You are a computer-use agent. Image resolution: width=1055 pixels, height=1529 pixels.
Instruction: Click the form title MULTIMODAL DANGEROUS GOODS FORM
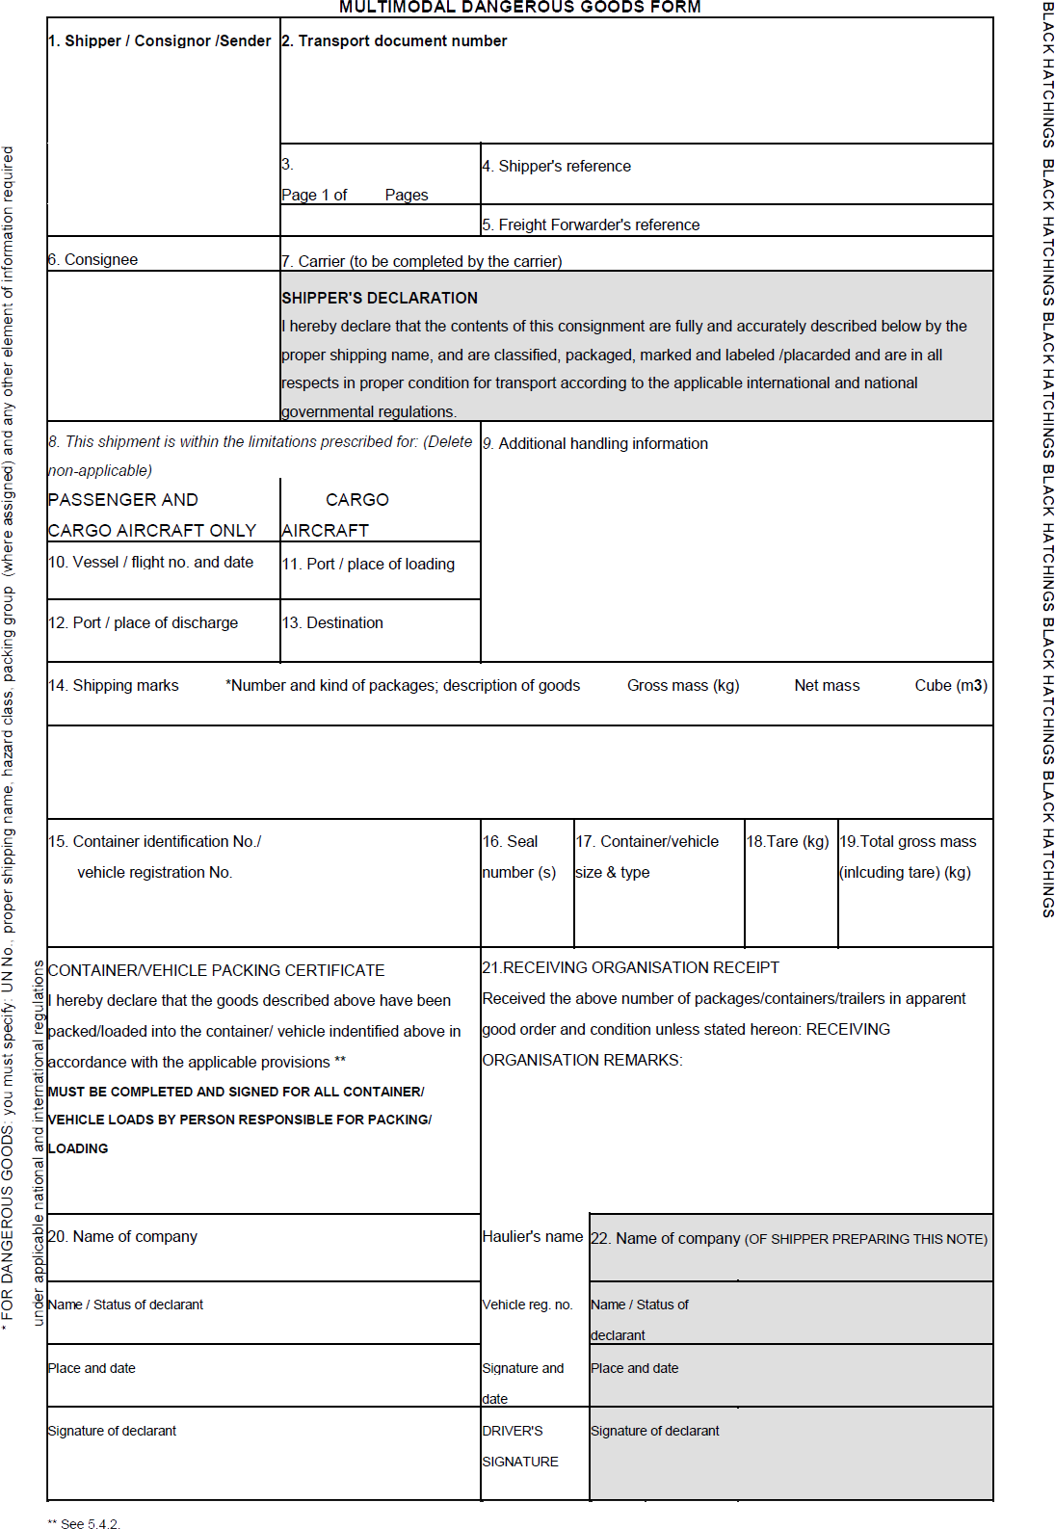(x=519, y=8)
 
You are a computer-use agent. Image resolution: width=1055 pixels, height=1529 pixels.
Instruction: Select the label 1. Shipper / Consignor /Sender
(x=159, y=41)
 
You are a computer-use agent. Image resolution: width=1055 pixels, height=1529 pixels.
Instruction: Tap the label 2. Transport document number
(x=394, y=41)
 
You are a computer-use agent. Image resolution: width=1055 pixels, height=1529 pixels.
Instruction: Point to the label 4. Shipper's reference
(x=557, y=167)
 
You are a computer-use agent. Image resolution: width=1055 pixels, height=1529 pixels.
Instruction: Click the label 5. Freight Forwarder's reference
(x=591, y=225)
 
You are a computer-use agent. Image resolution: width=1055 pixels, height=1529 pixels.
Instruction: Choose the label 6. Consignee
(x=93, y=260)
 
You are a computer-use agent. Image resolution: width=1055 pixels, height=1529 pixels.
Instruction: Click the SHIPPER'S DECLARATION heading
(x=380, y=299)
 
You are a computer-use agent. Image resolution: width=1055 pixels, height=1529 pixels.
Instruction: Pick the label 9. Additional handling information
(x=595, y=444)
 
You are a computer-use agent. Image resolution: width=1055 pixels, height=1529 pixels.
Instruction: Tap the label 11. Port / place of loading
(x=368, y=565)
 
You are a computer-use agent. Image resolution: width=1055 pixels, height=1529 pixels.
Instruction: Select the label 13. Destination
(x=332, y=623)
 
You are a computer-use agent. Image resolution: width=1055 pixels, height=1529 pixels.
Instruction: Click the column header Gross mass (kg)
(x=683, y=686)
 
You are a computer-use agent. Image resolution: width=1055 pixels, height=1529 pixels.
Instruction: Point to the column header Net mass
(x=827, y=686)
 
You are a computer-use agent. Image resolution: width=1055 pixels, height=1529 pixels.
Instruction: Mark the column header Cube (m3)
(x=951, y=686)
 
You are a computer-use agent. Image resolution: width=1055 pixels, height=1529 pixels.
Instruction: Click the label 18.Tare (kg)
(x=787, y=842)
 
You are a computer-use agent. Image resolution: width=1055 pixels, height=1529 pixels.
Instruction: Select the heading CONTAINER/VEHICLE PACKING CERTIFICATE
(x=216, y=971)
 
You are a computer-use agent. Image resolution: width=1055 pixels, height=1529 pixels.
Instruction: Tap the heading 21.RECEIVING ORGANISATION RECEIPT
(x=630, y=968)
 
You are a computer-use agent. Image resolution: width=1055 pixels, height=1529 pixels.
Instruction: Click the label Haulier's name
(x=533, y=1237)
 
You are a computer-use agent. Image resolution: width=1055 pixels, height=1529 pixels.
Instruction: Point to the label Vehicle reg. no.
(x=528, y=1305)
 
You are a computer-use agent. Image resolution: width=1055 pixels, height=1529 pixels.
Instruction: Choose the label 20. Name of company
(x=122, y=1237)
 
